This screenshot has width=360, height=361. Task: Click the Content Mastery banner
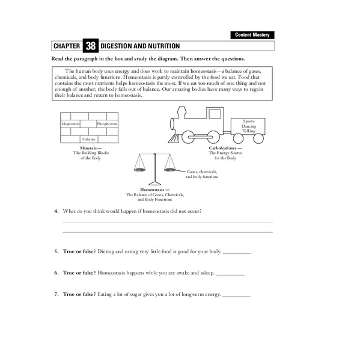click(x=252, y=35)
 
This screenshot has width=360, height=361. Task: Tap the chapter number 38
click(x=90, y=46)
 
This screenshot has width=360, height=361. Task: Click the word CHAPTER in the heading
click(x=67, y=46)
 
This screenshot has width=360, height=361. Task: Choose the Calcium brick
click(x=89, y=138)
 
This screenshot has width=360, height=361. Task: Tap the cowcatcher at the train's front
click(x=174, y=138)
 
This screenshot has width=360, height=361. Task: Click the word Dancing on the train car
click(x=249, y=126)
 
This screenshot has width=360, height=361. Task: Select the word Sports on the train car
click(x=249, y=121)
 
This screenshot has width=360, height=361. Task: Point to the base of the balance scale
click(x=155, y=183)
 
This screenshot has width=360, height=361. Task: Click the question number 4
click(x=56, y=211)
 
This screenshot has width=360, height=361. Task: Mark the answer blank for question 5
click(x=237, y=252)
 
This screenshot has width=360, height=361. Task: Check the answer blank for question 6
click(x=230, y=273)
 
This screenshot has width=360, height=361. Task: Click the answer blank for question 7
click(x=237, y=295)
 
